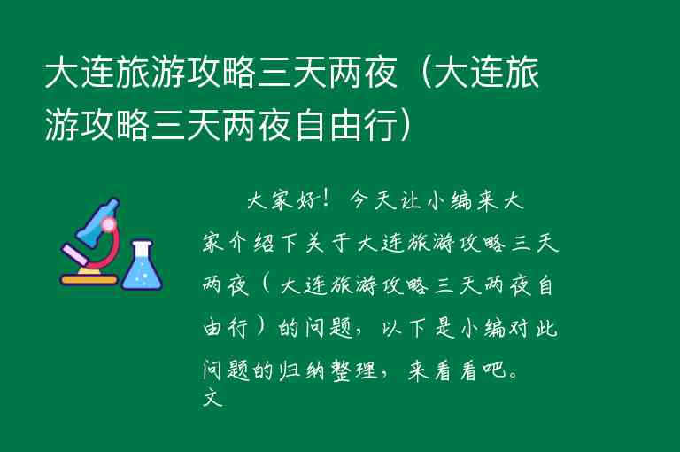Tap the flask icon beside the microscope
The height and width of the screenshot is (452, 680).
[142, 265]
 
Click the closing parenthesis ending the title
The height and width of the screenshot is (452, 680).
[402, 125]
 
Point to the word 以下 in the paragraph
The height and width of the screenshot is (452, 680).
[399, 329]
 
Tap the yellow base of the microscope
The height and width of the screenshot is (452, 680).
[89, 280]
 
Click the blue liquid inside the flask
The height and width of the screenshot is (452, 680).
[142, 276]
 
